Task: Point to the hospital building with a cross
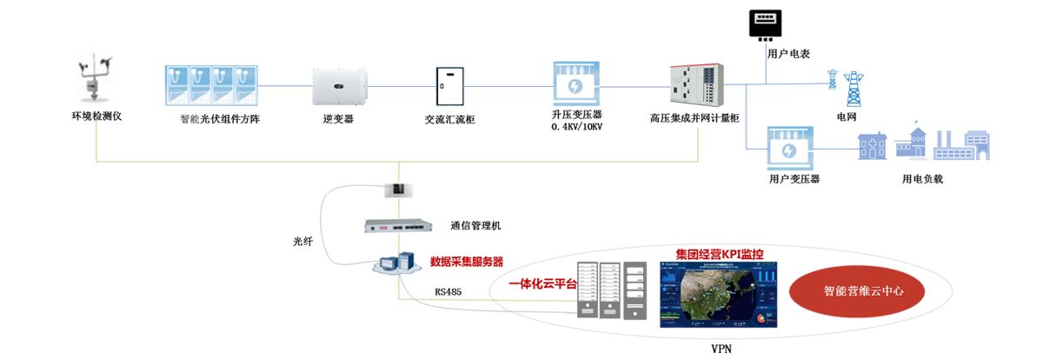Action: (872, 146)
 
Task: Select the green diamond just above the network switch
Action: (397, 209)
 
